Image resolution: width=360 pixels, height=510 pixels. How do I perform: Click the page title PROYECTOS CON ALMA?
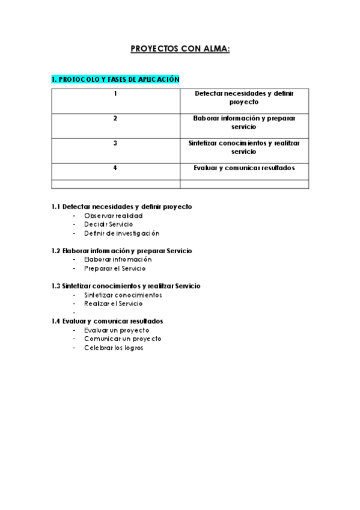(180, 50)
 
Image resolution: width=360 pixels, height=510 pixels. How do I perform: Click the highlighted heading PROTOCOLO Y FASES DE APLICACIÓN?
(115, 79)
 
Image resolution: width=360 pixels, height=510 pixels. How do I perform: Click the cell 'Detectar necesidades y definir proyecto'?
(243, 98)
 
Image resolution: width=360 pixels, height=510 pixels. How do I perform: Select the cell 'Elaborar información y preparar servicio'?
(243, 123)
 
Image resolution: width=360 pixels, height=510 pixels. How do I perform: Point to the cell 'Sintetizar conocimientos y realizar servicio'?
(243, 147)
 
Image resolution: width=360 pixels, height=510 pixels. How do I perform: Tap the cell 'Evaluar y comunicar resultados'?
(243, 168)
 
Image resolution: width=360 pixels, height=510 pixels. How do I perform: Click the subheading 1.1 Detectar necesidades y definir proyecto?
(122, 206)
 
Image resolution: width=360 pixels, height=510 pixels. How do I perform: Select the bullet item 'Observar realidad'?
(114, 215)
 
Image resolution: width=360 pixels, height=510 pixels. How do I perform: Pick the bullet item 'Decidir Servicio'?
(109, 224)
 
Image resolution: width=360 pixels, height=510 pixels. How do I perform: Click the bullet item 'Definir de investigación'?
(122, 233)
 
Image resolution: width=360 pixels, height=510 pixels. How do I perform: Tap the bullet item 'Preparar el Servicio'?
(115, 268)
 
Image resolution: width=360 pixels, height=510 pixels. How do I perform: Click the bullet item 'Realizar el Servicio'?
(114, 304)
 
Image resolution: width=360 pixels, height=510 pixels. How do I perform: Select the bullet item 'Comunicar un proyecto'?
(123, 339)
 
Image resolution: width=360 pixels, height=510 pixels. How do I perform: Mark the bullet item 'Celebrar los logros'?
(114, 348)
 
